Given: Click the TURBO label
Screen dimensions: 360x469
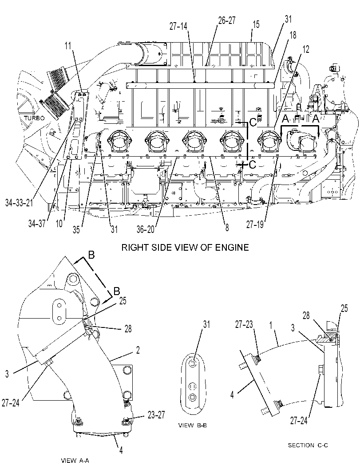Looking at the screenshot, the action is (x=35, y=118).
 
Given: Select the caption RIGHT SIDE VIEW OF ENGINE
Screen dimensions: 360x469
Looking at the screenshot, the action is (x=185, y=247).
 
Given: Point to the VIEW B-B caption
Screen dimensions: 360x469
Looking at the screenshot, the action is (x=192, y=426).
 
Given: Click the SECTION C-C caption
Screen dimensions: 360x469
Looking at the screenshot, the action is (x=308, y=445).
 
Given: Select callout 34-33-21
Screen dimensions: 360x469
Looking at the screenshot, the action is (x=19, y=203).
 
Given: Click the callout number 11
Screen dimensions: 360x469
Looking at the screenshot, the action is (x=68, y=46).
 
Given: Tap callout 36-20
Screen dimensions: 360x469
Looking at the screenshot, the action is (x=146, y=229).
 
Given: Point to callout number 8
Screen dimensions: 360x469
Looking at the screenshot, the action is (x=227, y=228).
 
